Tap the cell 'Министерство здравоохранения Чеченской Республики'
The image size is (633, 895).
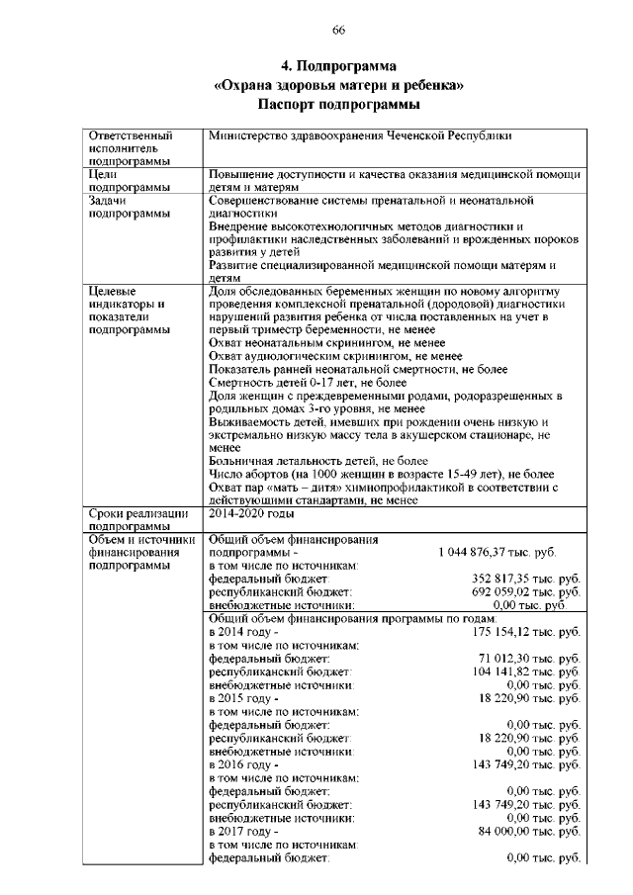pos(362,134)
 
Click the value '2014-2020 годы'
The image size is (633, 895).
pos(252,514)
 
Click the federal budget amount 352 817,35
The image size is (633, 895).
pos(525,578)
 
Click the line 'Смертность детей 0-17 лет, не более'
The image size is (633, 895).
pos(309,381)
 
